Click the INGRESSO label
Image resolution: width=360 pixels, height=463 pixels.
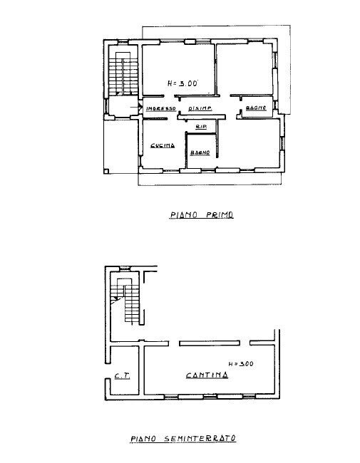tap(161, 108)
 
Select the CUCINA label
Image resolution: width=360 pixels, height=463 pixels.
tap(163, 146)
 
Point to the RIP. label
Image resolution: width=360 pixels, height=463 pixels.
tap(201, 126)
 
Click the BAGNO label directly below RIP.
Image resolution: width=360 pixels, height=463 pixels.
tap(199, 152)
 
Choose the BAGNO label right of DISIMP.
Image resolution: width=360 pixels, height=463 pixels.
tap(255, 108)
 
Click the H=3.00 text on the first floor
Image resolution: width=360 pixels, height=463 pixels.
tap(182, 83)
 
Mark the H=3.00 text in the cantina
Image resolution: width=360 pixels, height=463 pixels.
tap(241, 363)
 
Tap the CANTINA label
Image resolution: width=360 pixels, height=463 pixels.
tap(207, 375)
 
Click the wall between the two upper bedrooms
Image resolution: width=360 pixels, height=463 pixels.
tap(215, 70)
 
